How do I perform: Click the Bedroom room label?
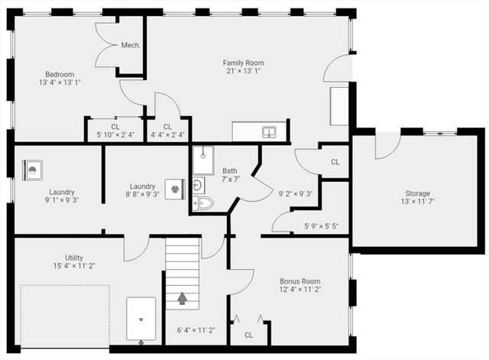58,73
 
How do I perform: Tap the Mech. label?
131,46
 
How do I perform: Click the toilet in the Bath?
203,203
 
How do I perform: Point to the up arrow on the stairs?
183,297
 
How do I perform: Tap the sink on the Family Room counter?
269,131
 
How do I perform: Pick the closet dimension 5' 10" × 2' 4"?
115,135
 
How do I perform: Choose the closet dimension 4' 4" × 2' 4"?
167,135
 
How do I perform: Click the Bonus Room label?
299,281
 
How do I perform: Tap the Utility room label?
73,258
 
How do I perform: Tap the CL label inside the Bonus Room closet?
249,335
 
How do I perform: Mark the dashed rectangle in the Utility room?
64,317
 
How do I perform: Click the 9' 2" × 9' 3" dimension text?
296,193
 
